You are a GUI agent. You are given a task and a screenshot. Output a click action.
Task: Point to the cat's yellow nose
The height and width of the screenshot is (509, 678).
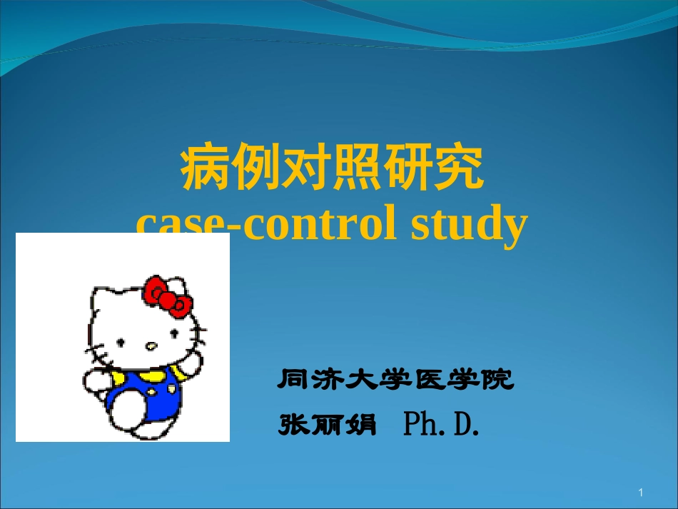151,346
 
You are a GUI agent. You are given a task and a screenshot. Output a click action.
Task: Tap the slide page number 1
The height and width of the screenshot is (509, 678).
642,493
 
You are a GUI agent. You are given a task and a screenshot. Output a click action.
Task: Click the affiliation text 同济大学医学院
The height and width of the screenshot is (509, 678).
395,380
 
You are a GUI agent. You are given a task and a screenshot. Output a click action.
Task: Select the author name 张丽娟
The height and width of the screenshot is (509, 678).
326,424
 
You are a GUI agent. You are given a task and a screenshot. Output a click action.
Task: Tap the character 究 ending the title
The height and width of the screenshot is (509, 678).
458,170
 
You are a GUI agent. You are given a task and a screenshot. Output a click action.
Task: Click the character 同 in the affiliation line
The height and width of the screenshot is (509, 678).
293,380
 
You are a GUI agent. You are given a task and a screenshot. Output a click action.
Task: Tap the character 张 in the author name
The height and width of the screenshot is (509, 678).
293,424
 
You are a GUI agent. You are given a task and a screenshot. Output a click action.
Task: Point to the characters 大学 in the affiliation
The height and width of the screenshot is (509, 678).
361,380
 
